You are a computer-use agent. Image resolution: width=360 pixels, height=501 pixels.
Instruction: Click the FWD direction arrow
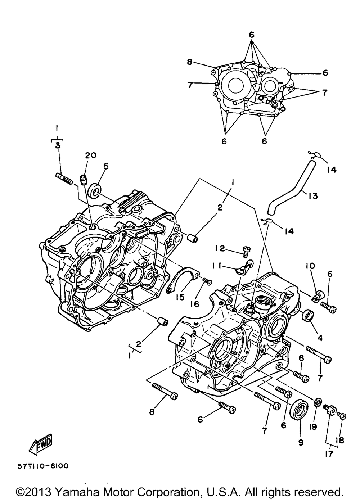[x=41, y=443]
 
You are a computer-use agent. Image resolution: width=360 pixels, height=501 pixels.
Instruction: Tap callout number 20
[x=91, y=155]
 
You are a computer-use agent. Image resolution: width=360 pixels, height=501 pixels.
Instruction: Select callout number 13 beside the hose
[x=313, y=196]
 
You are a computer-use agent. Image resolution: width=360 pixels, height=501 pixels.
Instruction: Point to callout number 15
[x=180, y=297]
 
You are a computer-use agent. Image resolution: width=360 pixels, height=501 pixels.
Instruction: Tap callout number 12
[x=220, y=248]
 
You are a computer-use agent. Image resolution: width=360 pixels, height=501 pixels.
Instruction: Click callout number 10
[x=310, y=266]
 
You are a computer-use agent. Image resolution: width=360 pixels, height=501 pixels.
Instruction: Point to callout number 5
[x=106, y=167]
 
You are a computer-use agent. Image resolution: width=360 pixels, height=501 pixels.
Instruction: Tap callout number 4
[x=320, y=338]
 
